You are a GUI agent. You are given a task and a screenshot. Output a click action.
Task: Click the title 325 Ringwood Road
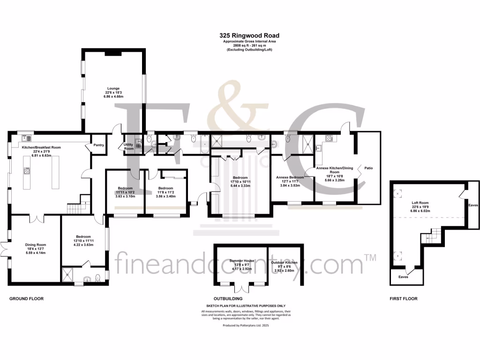[243, 35]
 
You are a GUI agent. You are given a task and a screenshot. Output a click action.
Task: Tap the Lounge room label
[113, 88]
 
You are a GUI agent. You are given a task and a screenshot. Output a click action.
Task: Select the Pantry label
[98, 145]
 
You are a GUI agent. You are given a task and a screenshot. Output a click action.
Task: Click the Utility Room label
[129, 146]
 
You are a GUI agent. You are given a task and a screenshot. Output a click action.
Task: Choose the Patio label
[368, 167]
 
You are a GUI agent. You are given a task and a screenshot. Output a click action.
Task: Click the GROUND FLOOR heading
[27, 299]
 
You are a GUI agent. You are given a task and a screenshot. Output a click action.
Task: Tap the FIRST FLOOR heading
[403, 299]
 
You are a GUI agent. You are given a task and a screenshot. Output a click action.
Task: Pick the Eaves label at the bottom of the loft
[403, 277]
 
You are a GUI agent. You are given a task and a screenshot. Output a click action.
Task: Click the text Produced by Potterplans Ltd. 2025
[246, 325]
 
